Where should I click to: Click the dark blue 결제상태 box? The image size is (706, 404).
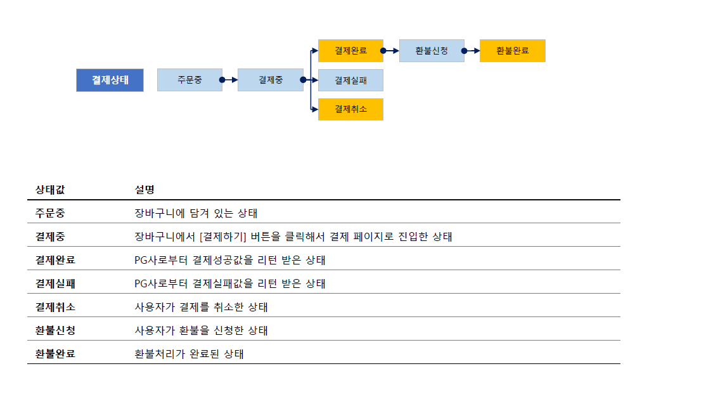110,80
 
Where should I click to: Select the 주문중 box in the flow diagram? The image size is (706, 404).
189,80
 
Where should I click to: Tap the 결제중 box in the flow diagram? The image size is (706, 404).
270,80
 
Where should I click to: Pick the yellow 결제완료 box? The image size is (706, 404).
350,51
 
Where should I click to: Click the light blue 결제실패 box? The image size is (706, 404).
350,80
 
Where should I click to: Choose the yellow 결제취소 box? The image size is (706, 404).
350,109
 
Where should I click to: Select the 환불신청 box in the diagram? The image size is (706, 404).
432,51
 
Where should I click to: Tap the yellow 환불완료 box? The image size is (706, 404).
512,51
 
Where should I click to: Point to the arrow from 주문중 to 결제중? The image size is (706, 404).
229,80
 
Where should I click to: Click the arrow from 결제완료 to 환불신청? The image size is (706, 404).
391,51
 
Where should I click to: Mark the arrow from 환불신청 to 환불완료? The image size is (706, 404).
472,51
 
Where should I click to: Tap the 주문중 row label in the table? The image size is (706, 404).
50,213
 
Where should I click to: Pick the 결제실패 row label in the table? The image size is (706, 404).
55,283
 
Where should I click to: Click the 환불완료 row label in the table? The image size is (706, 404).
55,354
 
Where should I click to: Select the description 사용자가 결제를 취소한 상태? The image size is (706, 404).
202,307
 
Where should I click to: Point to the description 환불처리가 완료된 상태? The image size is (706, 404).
189,354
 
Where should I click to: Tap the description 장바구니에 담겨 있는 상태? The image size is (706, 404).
196,213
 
